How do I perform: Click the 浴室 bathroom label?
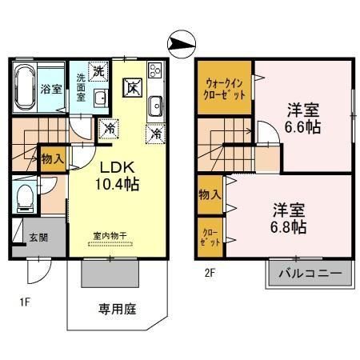pyautogui.click(x=50, y=89)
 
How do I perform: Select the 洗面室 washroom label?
pyautogui.click(x=82, y=86)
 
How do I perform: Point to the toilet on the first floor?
pyautogui.click(x=26, y=196)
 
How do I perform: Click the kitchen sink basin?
pyautogui.click(x=155, y=102)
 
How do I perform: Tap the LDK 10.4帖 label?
pyautogui.click(x=118, y=176)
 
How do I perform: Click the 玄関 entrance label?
pyautogui.click(x=38, y=238)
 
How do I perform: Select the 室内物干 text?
pyautogui.click(x=110, y=236)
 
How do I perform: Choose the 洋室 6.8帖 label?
pyautogui.click(x=289, y=218)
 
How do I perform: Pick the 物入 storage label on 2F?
pyautogui.click(x=210, y=195)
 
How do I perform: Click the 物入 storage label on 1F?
pyautogui.click(x=52, y=159)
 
